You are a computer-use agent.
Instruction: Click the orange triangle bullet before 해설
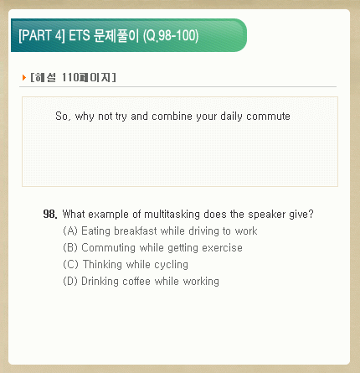pos(24,77)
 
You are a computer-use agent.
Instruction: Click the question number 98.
pos(50,214)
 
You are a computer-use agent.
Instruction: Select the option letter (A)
pos(70,231)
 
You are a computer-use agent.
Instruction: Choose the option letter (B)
pos(70,248)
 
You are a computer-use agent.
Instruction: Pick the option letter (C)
pos(70,264)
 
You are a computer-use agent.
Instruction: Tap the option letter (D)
pos(70,281)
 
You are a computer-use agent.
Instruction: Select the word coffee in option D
pos(136,281)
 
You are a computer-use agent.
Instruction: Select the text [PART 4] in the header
pos(42,36)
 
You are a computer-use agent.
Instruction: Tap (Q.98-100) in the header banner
pos(171,36)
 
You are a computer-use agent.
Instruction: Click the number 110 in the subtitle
pos(70,77)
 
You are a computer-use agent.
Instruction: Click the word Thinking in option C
pos(102,265)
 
